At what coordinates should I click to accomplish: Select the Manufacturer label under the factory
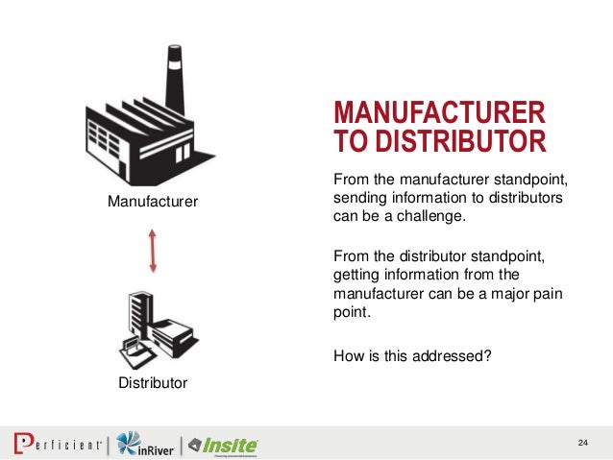152,202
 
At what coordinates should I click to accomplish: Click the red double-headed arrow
153,251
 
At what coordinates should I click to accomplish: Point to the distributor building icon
153,327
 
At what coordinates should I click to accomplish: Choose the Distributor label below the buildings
153,384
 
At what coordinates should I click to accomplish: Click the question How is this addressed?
411,354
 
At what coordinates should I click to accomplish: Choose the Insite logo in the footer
223,445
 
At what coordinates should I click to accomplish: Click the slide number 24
582,442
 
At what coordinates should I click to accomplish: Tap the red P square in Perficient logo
22,444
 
